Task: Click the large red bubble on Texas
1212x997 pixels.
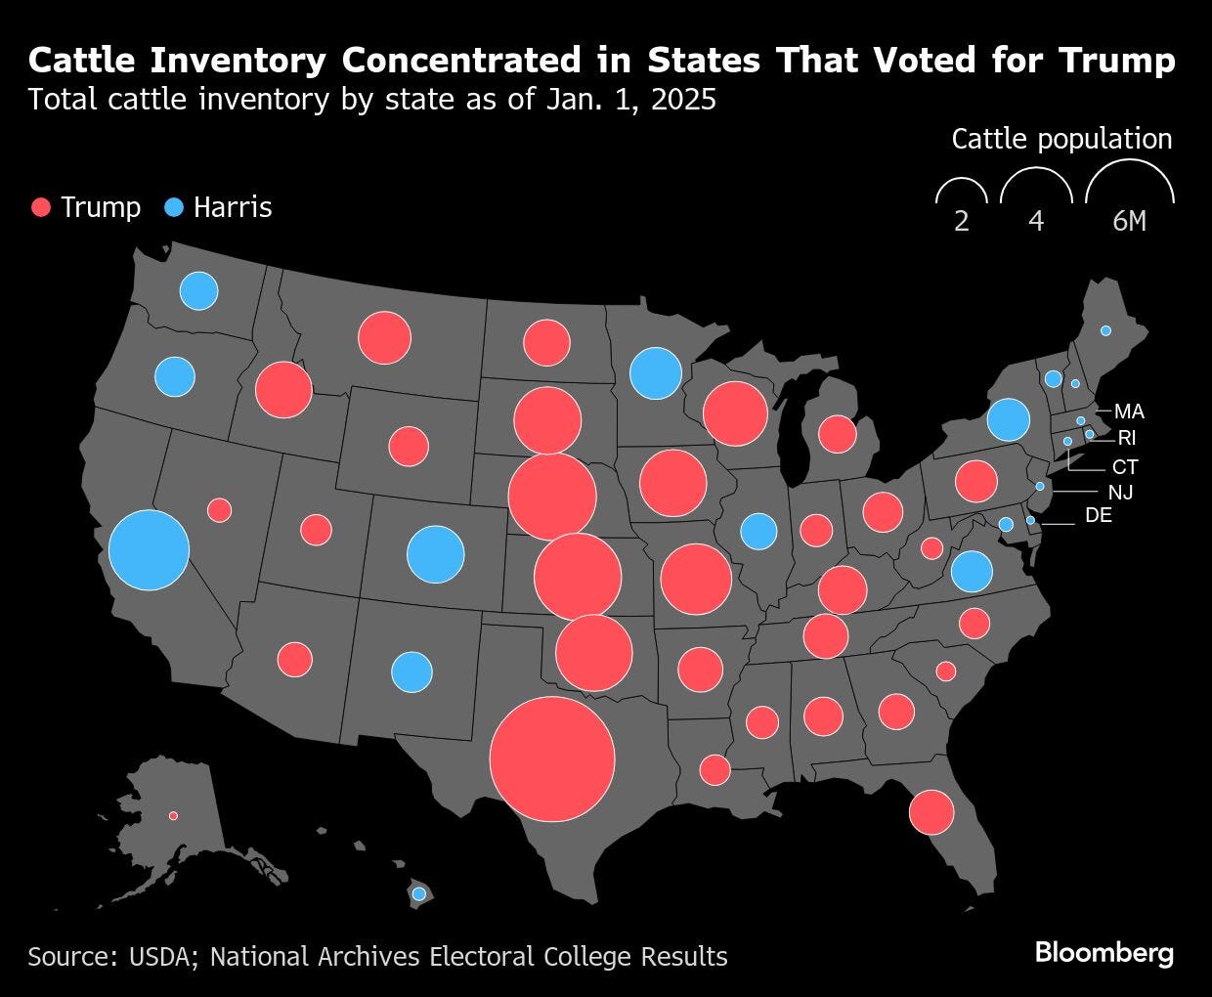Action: [552, 759]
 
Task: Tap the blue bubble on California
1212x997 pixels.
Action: [149, 549]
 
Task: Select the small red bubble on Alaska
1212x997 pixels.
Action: [173, 815]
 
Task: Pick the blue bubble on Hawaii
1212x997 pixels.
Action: [419, 893]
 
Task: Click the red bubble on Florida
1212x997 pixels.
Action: [931, 811]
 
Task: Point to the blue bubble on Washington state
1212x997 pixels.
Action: [198, 290]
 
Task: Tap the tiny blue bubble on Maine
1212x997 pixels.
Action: [1105, 330]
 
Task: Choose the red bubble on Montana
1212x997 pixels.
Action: [384, 337]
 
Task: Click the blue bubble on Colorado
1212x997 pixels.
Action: [435, 553]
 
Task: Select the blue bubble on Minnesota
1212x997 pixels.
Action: [655, 372]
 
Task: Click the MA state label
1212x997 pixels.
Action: [1129, 412]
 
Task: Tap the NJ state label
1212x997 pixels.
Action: [1120, 493]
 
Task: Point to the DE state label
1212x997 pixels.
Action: [1099, 515]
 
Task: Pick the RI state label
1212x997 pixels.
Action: [1127, 438]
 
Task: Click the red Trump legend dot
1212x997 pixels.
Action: [41, 207]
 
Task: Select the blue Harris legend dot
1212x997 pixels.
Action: [174, 207]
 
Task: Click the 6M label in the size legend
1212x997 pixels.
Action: [1129, 222]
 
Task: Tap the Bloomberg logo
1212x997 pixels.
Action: [1104, 953]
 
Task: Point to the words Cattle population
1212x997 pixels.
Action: [1061, 139]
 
